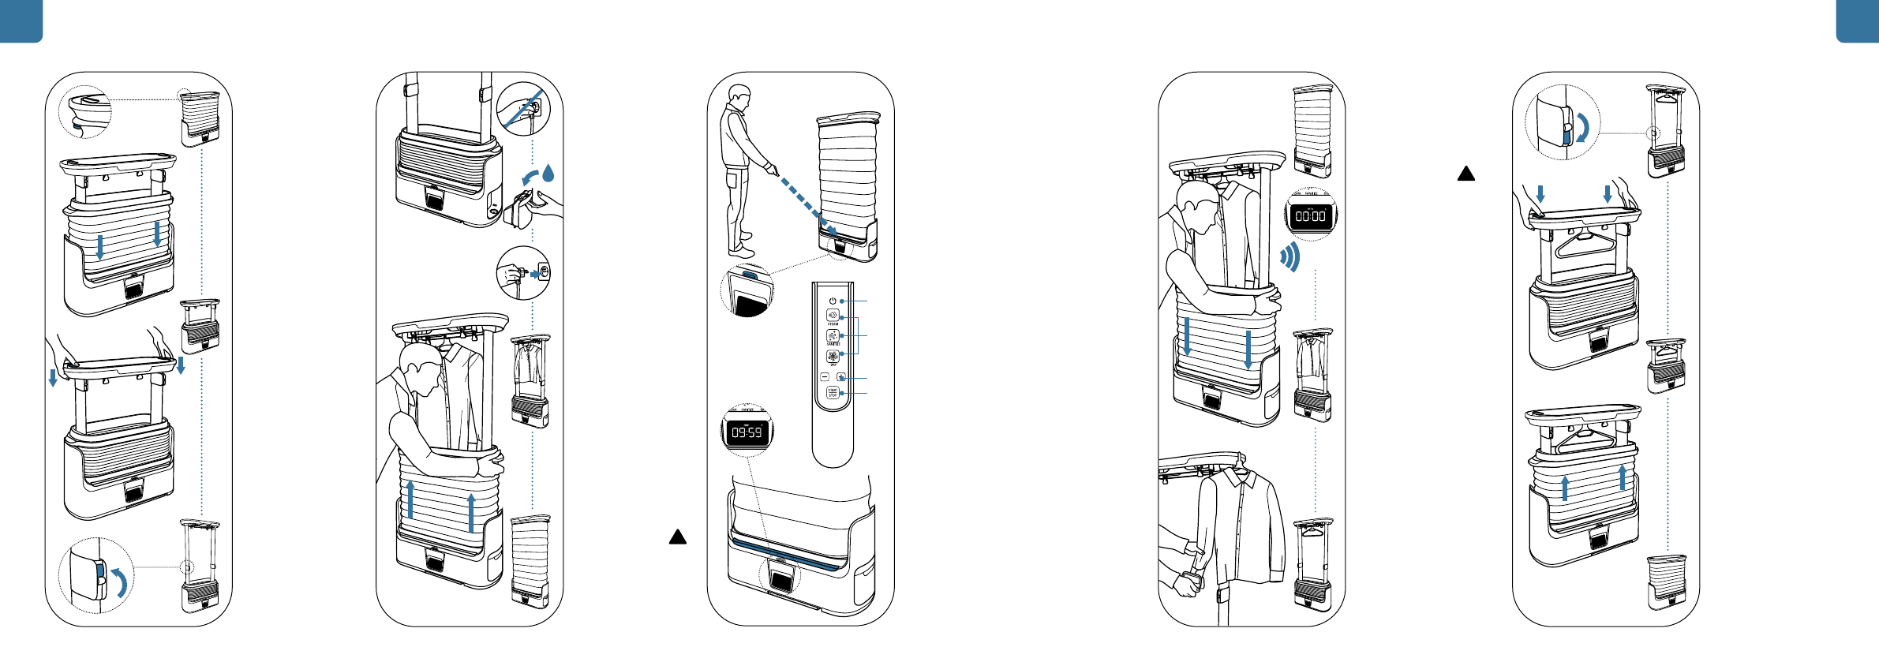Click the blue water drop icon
coord(548,173)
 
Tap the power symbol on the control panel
coord(833,301)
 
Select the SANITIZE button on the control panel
coord(833,335)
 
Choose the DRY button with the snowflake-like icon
coord(833,356)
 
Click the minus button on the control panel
coord(825,377)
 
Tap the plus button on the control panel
coord(841,377)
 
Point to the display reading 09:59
coord(747,432)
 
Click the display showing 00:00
coord(1311,216)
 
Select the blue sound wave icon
coord(1289,257)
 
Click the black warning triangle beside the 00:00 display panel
coord(1466,174)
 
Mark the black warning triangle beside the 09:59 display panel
coord(678,537)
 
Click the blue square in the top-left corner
coord(21,21)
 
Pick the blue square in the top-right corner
coord(1858,21)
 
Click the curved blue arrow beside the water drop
coord(530,176)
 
